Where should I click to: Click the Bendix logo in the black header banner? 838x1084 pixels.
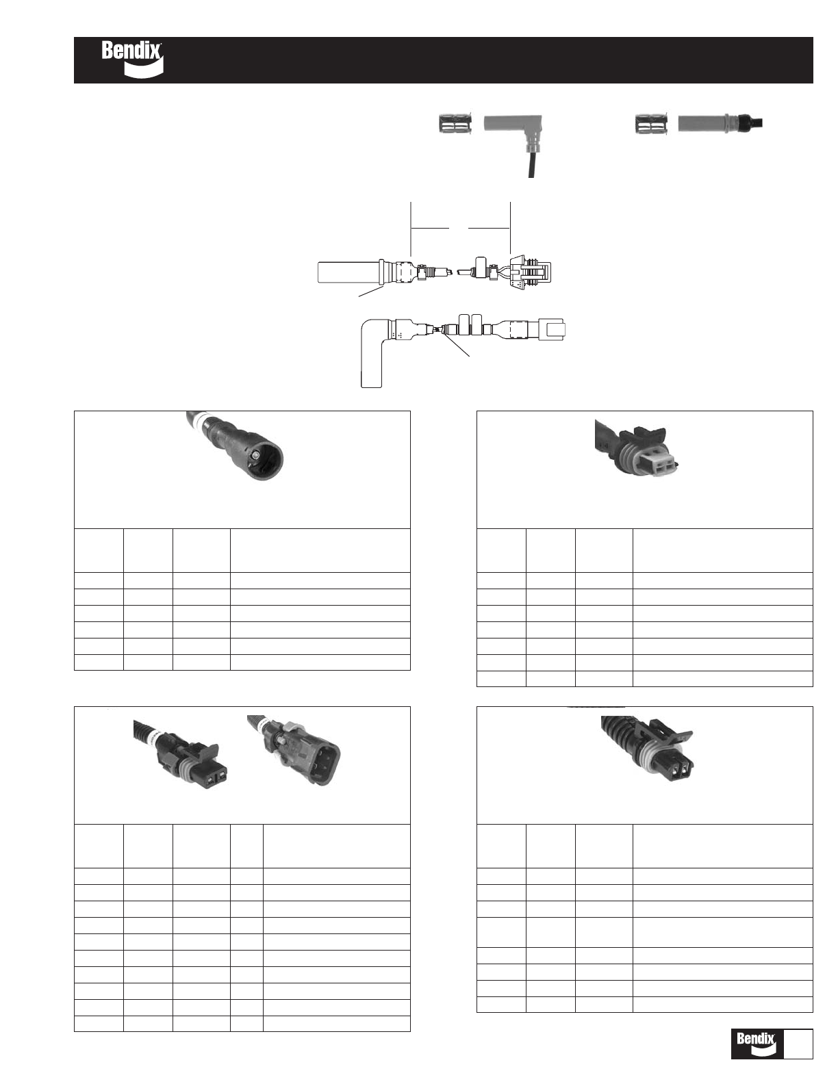pos(132,60)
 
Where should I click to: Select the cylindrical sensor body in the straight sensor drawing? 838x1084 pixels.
pos(349,272)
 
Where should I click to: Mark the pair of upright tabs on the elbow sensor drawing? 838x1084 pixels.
pos(470,323)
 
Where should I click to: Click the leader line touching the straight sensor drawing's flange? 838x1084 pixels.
pos(371,292)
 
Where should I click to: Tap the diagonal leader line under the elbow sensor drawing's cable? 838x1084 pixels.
pos(456,344)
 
